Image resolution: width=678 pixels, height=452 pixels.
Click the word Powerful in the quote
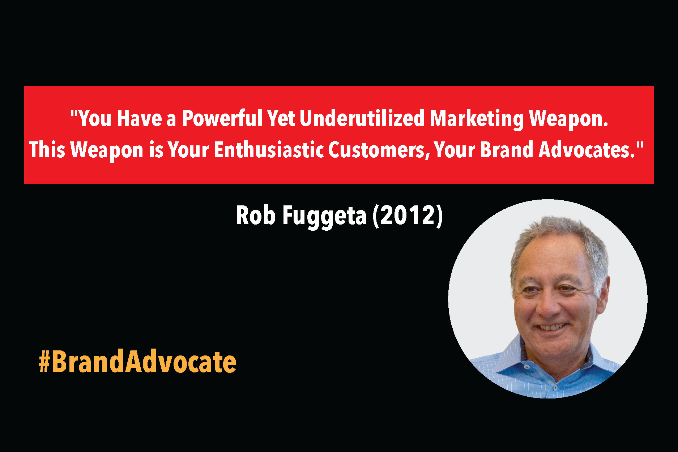222,118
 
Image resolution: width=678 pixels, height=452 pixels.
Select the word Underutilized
362,118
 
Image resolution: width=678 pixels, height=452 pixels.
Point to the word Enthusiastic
268,150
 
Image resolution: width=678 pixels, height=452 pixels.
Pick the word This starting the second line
47,150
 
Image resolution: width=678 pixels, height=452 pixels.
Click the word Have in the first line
139,118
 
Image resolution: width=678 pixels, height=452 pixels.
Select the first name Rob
256,216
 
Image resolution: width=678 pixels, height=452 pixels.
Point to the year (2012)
408,216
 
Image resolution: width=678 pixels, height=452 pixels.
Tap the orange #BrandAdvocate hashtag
137,362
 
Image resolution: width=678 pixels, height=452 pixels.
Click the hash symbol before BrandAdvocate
44,362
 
